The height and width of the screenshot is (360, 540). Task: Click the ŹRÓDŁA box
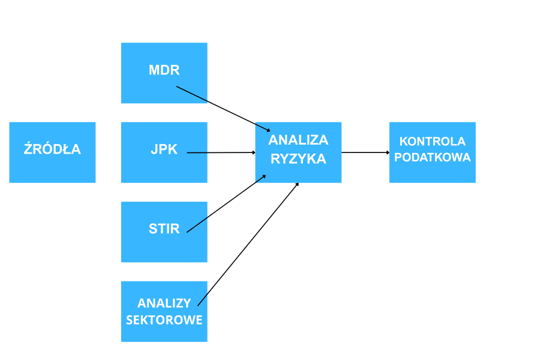(x=52, y=152)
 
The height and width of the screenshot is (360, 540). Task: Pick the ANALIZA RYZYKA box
(x=298, y=168)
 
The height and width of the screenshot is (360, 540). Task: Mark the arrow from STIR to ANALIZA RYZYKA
(x=226, y=204)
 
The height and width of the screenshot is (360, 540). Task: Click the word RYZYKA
(x=298, y=159)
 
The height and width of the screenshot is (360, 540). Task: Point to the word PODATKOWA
(x=432, y=157)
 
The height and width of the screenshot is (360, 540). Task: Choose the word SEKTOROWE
(x=164, y=320)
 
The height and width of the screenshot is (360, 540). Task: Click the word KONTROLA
(x=432, y=142)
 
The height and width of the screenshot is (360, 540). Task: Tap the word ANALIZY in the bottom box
(x=164, y=303)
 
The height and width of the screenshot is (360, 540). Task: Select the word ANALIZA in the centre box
(x=298, y=140)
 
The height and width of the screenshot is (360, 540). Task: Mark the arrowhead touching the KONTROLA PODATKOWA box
(x=386, y=152)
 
